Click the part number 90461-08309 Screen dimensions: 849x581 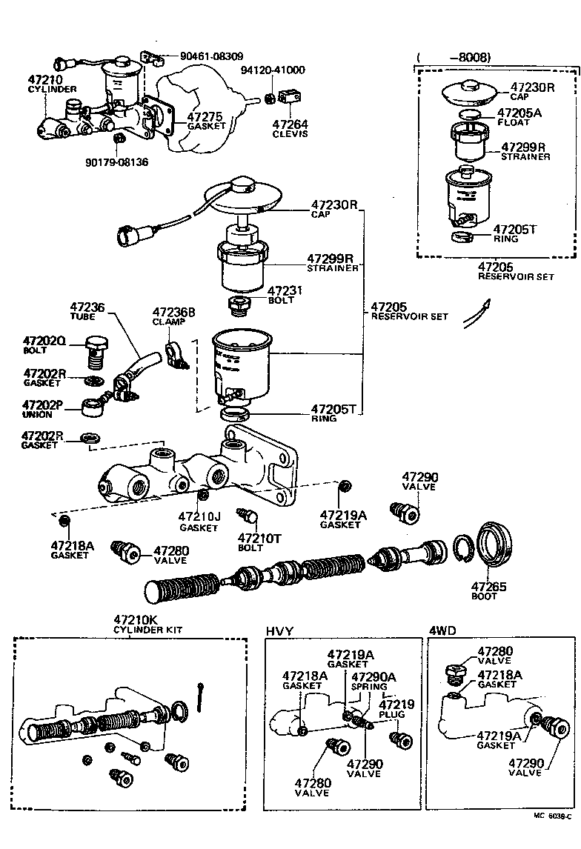210,56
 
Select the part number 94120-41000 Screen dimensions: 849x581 272,70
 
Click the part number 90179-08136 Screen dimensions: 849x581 116,162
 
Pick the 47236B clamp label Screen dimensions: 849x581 173,316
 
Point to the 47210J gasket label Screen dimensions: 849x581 199,521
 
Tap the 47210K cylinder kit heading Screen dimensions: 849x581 147,625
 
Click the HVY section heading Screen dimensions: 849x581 280,630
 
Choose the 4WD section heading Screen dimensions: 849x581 443,630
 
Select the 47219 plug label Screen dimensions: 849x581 396,708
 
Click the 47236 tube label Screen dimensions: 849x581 87,310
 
